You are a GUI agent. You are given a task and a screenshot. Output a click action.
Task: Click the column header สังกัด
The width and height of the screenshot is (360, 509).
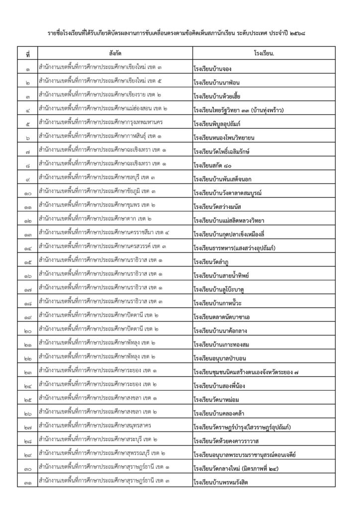[111, 53]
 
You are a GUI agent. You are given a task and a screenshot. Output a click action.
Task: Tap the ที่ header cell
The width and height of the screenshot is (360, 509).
[27, 53]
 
